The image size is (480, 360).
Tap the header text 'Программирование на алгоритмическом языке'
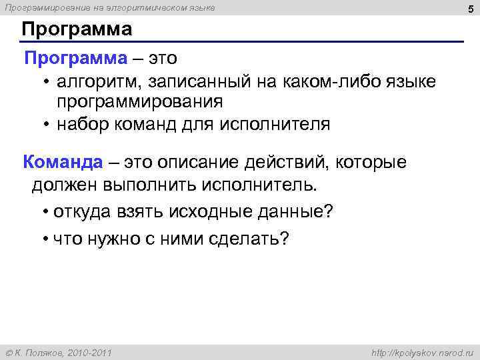point(110,7)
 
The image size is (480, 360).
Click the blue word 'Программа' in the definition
point(75,58)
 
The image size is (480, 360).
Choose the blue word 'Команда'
point(63,161)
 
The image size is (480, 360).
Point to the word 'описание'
point(208,162)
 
